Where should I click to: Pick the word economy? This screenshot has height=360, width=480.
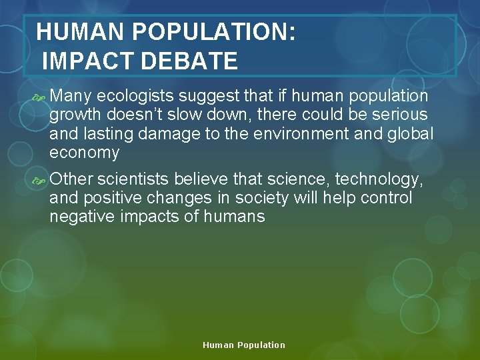(84, 153)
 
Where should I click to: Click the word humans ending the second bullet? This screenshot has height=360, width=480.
(234, 217)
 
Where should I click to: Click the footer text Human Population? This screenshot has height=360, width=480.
(243, 345)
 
